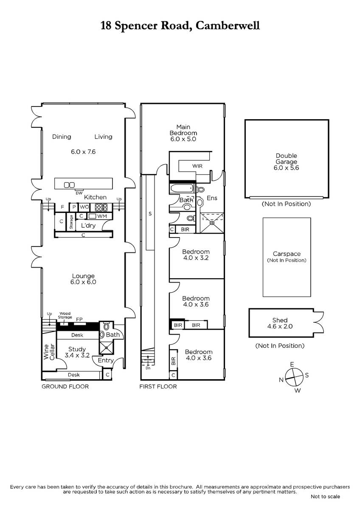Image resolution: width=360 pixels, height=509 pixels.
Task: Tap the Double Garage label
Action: tap(286, 159)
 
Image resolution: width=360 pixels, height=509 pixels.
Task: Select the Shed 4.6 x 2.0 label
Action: tap(280, 323)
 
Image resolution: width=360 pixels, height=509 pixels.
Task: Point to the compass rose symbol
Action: tap(294, 378)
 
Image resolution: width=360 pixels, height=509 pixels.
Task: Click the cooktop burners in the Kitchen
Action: tap(101, 207)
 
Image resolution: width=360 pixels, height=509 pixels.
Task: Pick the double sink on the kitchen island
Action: tap(69, 185)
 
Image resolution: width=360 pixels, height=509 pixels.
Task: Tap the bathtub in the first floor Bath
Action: tap(182, 188)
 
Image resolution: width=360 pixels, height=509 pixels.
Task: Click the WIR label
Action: tap(197, 166)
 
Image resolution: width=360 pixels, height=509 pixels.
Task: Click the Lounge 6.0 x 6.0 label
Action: tap(83, 279)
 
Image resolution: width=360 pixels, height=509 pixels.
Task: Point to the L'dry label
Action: tap(88, 225)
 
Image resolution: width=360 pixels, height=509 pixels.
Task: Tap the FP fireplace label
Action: tap(79, 319)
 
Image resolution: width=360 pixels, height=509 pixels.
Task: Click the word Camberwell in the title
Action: tap(228, 25)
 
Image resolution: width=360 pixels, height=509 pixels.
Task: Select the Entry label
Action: tap(106, 360)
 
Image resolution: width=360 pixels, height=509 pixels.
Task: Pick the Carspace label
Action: tap(287, 254)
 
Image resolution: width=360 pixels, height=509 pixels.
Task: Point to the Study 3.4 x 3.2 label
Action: tap(77, 352)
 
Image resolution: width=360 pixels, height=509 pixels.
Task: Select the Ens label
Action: tap(212, 198)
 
